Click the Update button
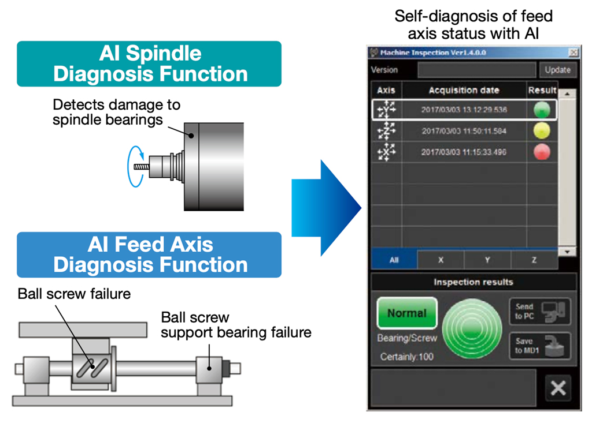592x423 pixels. click(x=558, y=70)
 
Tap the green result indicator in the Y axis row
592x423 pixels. click(x=542, y=110)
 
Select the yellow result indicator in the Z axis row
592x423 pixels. click(x=542, y=131)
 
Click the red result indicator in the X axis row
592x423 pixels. click(x=542, y=152)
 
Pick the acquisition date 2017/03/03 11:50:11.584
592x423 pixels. click(x=464, y=131)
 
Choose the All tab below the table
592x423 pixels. click(x=394, y=260)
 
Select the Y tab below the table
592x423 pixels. click(x=487, y=260)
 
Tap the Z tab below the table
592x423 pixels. click(x=534, y=260)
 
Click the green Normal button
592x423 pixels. click(x=407, y=313)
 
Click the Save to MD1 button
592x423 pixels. click(x=540, y=346)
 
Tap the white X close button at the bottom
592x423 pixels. click(x=558, y=388)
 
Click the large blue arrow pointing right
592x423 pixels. click(x=326, y=208)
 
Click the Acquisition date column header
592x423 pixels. click(x=464, y=90)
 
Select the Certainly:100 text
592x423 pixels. click(x=406, y=357)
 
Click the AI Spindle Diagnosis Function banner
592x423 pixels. click(x=149, y=63)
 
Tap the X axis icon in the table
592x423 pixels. click(x=386, y=152)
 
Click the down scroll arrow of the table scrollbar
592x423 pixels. click(x=567, y=252)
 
